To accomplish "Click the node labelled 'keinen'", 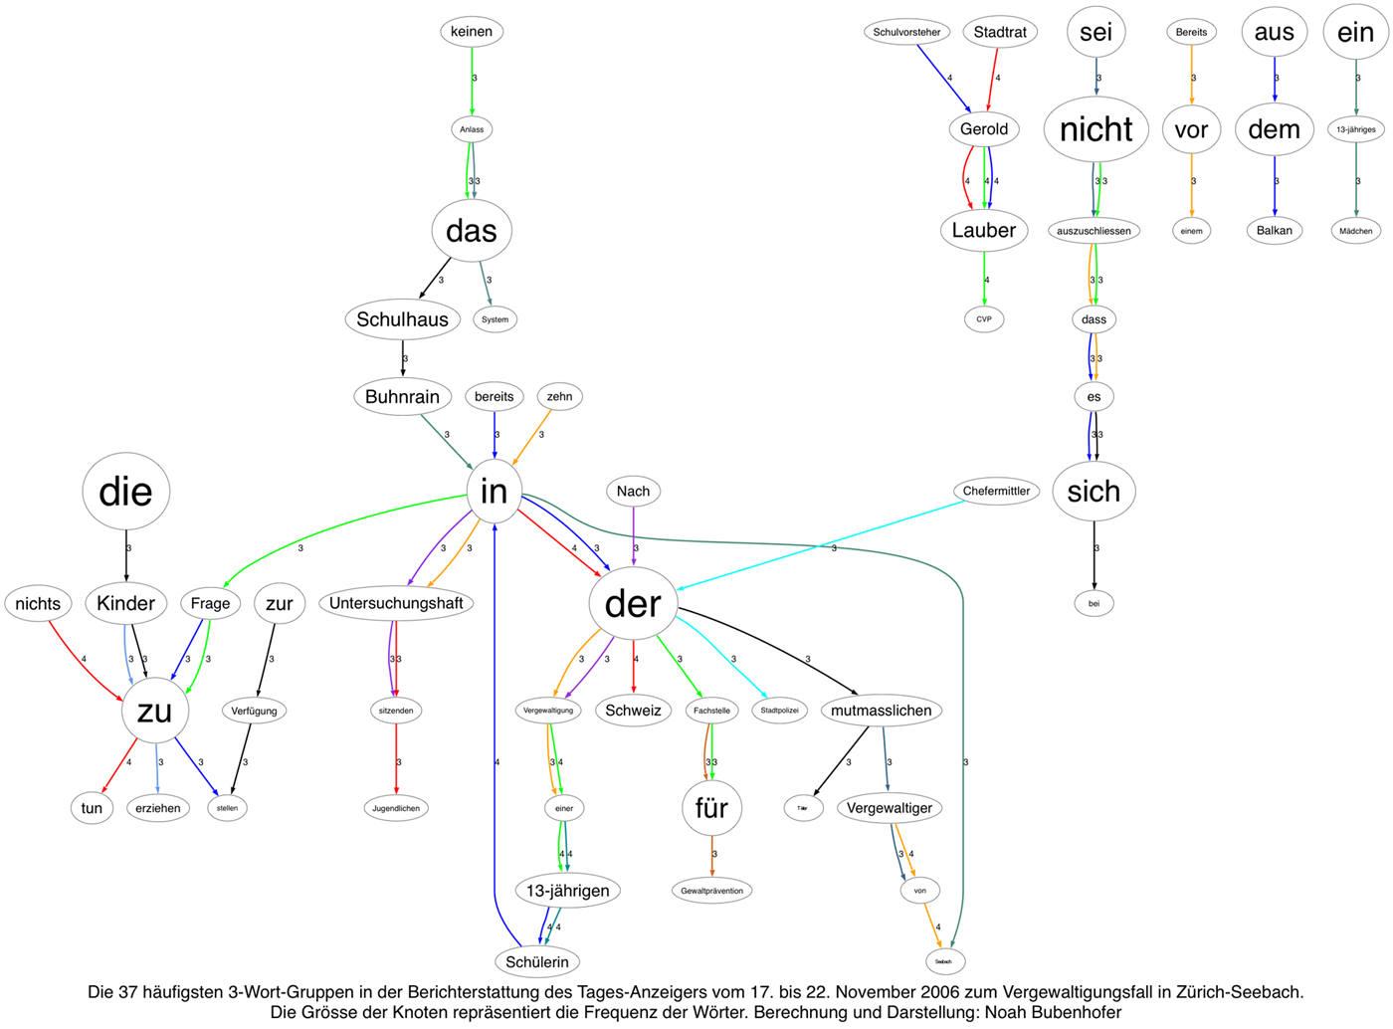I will click(x=472, y=32).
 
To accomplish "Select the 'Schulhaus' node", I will click(x=402, y=319).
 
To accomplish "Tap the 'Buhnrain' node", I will click(x=402, y=397).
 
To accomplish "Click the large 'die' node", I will click(x=126, y=492).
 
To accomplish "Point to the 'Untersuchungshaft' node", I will click(x=396, y=603).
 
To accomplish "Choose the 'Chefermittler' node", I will click(x=996, y=491).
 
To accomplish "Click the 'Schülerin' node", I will click(x=537, y=961).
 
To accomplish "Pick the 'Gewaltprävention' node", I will click(x=711, y=891).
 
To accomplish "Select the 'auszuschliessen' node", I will click(x=1094, y=231).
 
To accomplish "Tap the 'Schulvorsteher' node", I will click(x=906, y=32).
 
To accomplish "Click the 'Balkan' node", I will click(x=1274, y=231).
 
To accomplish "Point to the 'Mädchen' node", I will click(x=1355, y=231).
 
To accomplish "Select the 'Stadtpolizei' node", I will click(x=779, y=711).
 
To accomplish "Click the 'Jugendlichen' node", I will click(x=396, y=808).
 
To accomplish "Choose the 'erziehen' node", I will click(x=158, y=808).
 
